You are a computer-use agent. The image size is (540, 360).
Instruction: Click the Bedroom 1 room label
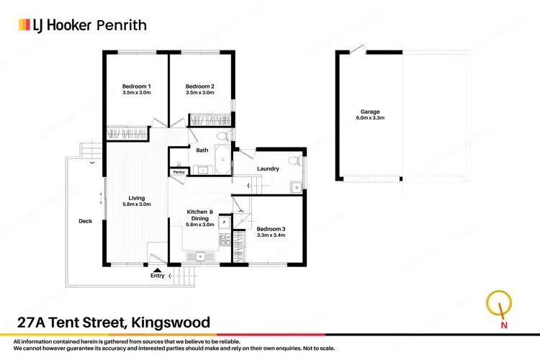click(x=136, y=86)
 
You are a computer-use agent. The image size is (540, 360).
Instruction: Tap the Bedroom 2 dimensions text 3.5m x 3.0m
click(x=199, y=93)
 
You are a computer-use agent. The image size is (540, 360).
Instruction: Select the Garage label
click(x=370, y=111)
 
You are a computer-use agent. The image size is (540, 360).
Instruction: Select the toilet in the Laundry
click(x=293, y=160)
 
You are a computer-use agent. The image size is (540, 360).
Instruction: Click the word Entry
click(x=157, y=276)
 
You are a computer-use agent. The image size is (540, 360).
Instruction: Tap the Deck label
click(x=85, y=221)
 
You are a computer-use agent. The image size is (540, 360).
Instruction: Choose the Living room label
click(x=137, y=198)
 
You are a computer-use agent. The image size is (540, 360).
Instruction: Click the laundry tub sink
click(x=295, y=187)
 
